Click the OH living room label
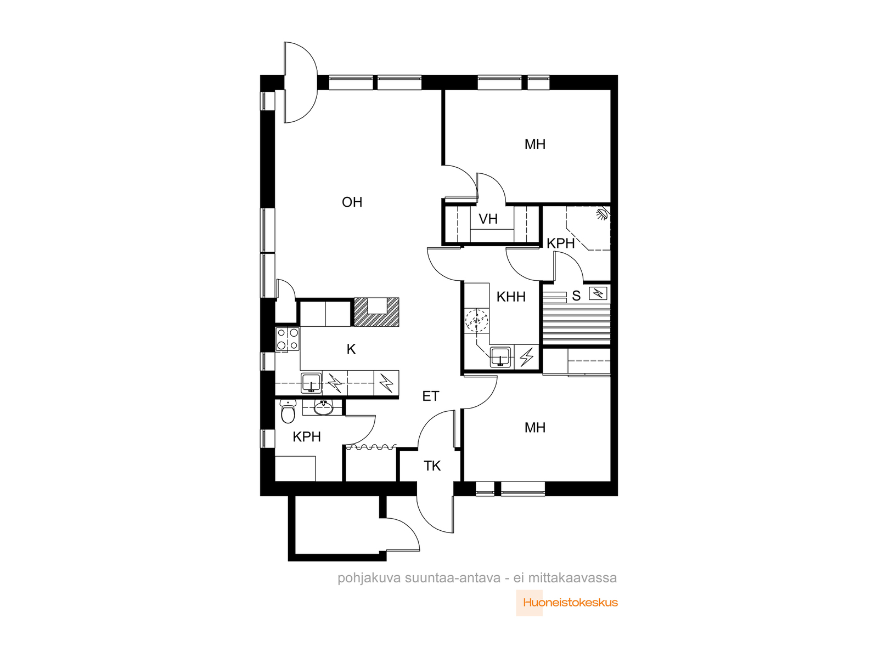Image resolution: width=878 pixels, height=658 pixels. tap(352, 202)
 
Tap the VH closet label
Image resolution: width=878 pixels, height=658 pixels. tap(488, 219)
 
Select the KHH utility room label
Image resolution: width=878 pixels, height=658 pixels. tap(511, 297)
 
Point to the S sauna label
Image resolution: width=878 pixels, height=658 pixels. tap(576, 296)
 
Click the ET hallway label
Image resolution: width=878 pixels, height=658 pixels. tap(431, 396)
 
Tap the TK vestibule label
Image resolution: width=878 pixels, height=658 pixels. tap(432, 466)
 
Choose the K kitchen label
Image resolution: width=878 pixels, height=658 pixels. tap(351, 349)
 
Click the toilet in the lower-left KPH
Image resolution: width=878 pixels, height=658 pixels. tap(288, 411)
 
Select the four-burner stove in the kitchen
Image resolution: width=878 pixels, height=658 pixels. tap(287, 339)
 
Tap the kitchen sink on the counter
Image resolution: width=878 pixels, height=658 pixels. tap(311, 383)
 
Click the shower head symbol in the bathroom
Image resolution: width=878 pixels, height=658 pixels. tap(601, 214)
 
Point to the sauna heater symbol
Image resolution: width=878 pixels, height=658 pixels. tap(598, 294)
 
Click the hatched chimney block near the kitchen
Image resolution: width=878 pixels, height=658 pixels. tap(376, 312)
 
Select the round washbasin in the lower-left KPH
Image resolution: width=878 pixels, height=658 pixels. tap(323, 407)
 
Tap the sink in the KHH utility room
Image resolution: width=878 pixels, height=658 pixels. tap(500, 357)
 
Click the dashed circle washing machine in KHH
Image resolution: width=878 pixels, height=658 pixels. tap(477, 320)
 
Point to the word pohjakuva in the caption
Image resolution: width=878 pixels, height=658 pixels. tap(369, 578)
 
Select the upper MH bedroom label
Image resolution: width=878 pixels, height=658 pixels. tap(535, 144)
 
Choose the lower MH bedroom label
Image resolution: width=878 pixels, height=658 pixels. tap(535, 428)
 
